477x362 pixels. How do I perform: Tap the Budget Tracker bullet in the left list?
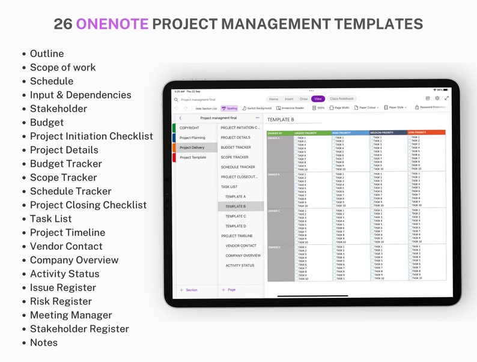pyautogui.click(x=65, y=164)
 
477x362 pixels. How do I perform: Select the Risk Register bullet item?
pyautogui.click(x=61, y=301)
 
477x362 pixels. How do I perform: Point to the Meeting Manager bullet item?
pyautogui.click(x=71, y=315)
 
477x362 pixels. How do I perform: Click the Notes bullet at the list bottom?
pyautogui.click(x=44, y=343)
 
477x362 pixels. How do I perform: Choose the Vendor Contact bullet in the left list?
pyautogui.click(x=66, y=246)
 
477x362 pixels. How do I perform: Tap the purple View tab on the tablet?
pyautogui.click(x=318, y=98)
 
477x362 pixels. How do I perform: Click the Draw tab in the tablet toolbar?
pyautogui.click(x=304, y=98)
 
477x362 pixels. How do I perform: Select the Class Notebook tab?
pyautogui.click(x=342, y=98)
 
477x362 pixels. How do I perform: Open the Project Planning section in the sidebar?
pyautogui.click(x=192, y=137)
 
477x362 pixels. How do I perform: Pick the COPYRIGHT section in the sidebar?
pyautogui.click(x=189, y=128)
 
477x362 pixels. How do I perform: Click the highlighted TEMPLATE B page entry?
pyautogui.click(x=235, y=207)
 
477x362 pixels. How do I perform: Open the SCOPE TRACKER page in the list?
pyautogui.click(x=234, y=157)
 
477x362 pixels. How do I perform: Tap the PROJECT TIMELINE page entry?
pyautogui.click(x=237, y=236)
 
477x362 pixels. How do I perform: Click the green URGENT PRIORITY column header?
pyautogui.click(x=305, y=133)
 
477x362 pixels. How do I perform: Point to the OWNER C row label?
pyautogui.click(x=274, y=211)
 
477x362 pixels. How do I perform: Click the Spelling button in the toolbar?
pyautogui.click(x=229, y=108)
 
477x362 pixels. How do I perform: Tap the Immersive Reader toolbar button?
pyautogui.click(x=290, y=108)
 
